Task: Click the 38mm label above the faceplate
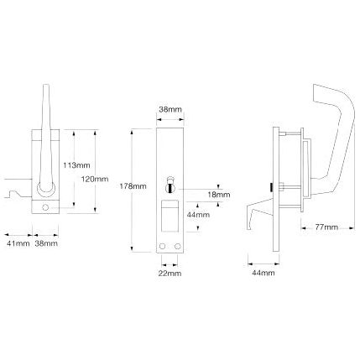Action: click(x=169, y=108)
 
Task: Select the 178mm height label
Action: click(x=133, y=185)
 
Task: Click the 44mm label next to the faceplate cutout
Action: click(x=199, y=216)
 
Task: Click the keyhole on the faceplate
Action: click(x=169, y=182)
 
